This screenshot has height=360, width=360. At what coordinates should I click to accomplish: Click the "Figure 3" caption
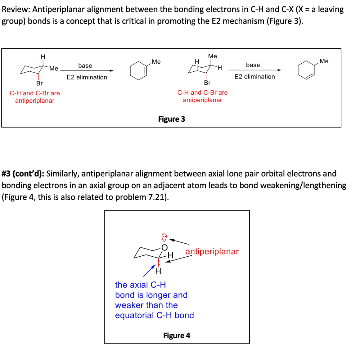point(172,119)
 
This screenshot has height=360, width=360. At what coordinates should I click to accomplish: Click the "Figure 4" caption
point(176,335)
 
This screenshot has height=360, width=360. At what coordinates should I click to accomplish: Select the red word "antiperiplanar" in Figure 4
point(212,251)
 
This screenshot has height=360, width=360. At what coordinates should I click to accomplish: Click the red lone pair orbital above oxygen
point(164,236)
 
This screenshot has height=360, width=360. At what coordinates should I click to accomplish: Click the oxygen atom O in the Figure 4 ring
point(164,247)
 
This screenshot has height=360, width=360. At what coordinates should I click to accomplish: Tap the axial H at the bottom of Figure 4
point(158,271)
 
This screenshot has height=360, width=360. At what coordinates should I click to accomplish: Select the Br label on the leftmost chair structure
point(39,83)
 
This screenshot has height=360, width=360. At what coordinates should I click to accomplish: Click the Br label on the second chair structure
point(207,83)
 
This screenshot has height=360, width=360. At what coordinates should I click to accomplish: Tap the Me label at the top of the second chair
point(213,56)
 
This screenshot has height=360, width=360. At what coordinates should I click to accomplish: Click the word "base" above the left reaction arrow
point(85,66)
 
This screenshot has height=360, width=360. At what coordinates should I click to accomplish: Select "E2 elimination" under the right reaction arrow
point(255,77)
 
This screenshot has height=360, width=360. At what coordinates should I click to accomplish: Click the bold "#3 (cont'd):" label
point(23,174)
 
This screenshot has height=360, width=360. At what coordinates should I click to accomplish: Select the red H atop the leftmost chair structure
point(43,56)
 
